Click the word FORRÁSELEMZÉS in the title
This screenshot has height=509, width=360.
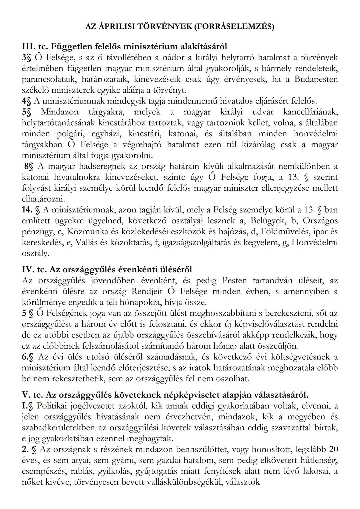pyautogui.click(x=233, y=27)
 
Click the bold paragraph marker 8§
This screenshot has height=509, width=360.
pyautogui.click(x=29, y=166)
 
